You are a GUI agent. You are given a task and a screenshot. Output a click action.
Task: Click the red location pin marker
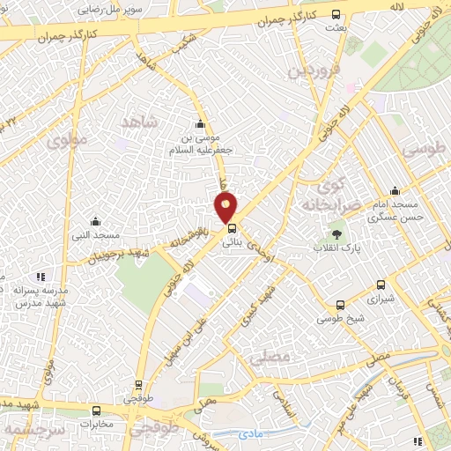point(226,207)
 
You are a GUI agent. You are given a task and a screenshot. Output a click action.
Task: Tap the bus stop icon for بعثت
point(336,15)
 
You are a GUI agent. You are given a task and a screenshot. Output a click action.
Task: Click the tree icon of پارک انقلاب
point(337,234)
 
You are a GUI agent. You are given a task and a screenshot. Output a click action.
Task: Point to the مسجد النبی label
point(95,235)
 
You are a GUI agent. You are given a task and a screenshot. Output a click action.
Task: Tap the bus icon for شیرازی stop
point(381,285)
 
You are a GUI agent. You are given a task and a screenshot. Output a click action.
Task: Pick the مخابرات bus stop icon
point(97,410)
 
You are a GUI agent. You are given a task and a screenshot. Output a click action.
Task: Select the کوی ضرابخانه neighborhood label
point(329,195)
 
